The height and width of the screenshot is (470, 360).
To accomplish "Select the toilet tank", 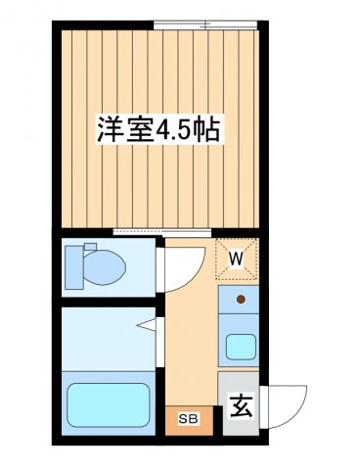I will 73,265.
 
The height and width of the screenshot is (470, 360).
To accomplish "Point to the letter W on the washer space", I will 237,258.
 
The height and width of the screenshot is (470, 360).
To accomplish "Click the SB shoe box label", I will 188,420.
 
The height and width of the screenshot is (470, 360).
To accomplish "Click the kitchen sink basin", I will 241,346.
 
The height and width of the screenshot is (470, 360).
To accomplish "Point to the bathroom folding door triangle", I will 147,322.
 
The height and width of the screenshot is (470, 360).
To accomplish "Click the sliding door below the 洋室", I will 161,231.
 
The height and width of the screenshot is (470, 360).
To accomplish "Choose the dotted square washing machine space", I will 237,258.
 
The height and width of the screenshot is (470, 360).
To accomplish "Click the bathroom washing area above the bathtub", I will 107,338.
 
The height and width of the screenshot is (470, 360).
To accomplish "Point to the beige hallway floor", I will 190,343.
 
